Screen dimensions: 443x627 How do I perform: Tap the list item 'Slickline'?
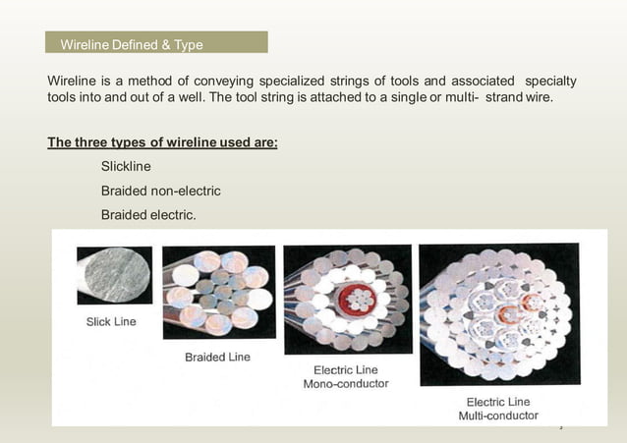click(x=126, y=166)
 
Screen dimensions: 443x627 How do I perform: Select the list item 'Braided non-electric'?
click(x=160, y=190)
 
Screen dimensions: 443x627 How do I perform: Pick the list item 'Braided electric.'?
click(x=149, y=213)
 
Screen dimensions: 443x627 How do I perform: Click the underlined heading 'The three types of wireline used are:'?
click(x=162, y=142)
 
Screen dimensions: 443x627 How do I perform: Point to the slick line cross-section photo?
click(x=114, y=275)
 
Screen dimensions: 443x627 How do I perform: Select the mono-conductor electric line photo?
click(x=347, y=298)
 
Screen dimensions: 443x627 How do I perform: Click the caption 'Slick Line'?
click(x=112, y=321)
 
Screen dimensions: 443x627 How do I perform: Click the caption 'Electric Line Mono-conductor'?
click(x=345, y=377)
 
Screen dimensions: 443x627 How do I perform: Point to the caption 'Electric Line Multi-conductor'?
click(x=498, y=409)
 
